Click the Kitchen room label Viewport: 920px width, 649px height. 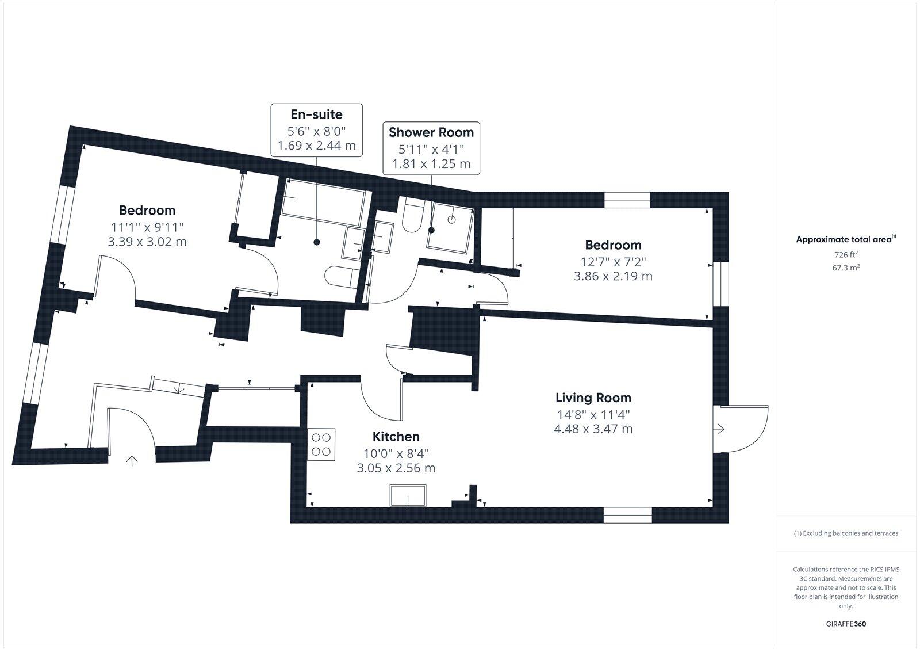tap(396, 437)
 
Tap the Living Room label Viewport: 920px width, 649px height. tap(593, 398)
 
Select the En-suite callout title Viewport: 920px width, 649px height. tap(316, 114)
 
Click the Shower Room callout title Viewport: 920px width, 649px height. tap(431, 132)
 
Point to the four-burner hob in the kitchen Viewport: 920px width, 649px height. tap(322, 444)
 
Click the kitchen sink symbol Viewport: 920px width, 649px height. tap(408, 495)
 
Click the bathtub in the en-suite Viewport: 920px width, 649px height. tap(323, 203)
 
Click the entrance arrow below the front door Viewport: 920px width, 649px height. tap(132, 460)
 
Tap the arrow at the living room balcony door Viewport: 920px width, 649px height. tap(719, 429)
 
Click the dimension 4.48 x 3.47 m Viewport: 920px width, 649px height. tap(593, 429)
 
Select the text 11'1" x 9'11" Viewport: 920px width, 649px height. tap(147, 227)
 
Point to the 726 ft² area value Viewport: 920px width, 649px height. tap(846, 254)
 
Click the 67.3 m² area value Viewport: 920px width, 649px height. tap(846, 268)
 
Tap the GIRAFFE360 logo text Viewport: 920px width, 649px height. tap(845, 624)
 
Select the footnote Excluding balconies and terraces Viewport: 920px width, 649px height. tap(845, 533)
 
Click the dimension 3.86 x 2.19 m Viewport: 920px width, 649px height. tap(613, 276)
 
